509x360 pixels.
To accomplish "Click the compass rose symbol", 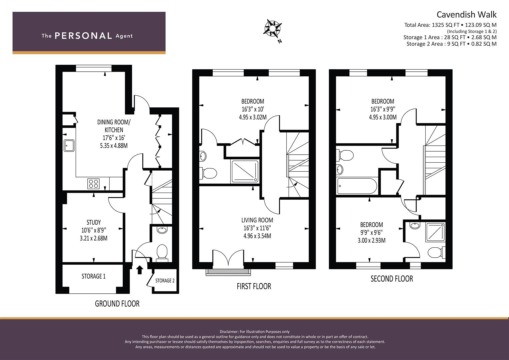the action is tap(272, 28).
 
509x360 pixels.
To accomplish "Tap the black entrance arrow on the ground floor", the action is tap(140, 270).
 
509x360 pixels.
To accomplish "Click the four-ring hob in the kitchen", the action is tap(93, 184).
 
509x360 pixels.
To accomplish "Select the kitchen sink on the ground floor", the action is tap(69, 145).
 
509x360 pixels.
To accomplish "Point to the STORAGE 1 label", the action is tap(94, 276).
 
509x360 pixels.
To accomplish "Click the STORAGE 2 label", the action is tap(165, 281).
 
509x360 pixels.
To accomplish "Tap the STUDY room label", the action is tap(94, 222).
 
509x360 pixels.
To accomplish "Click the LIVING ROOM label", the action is tap(257, 220).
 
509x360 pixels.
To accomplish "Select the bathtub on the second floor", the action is tap(357, 186).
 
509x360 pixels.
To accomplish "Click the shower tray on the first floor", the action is tap(245, 171).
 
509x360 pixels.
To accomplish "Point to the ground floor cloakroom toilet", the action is tap(162, 253).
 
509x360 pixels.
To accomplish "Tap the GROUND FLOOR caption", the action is tap(117, 304).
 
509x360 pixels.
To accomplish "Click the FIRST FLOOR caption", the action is tap(254, 286).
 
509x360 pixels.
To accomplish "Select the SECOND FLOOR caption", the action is tap(392, 279).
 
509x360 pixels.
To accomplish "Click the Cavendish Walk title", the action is tap(467, 15).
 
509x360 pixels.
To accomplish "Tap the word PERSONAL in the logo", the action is tap(83, 36).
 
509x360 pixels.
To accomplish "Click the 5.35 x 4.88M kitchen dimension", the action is tap(114, 146).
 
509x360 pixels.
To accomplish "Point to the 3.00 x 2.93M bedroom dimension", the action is tap(372, 240).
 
